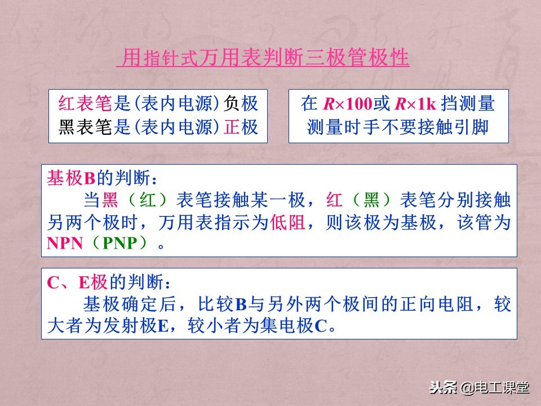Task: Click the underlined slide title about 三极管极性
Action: pyautogui.click(x=263, y=59)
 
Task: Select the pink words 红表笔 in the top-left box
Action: pyautogui.click(x=86, y=104)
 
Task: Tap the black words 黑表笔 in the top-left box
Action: pyautogui.click(x=86, y=127)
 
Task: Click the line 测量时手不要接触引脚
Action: pyautogui.click(x=398, y=127)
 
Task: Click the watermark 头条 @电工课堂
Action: pyautogui.click(x=479, y=388)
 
